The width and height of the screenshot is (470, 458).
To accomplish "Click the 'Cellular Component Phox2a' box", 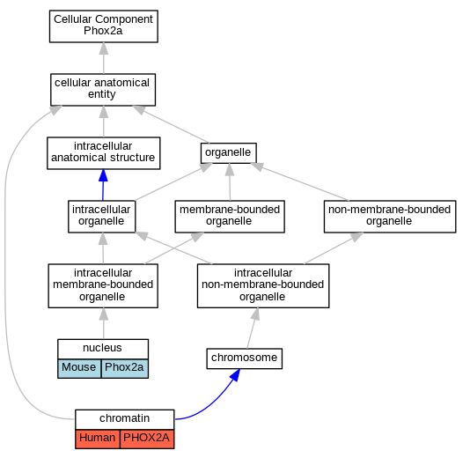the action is (104, 26).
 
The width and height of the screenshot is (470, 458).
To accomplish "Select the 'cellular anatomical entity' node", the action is (103, 90).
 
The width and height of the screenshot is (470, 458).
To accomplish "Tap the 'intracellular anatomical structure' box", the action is (104, 153).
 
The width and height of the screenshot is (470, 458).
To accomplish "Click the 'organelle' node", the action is (229, 153).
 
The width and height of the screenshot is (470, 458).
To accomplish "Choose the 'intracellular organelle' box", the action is (101, 217).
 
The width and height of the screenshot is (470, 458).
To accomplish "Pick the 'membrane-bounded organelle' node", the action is (230, 217).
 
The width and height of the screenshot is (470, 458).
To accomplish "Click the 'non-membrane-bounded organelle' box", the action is (390, 217).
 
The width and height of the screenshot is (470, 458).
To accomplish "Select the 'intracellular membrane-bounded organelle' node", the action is (103, 286).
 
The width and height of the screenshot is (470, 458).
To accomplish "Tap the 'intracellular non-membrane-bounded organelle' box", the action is (263, 286).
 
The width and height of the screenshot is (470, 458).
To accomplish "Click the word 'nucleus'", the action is (102, 348).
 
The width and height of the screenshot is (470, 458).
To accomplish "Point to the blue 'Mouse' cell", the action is (79, 368).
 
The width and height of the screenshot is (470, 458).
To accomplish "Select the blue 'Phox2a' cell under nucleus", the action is (125, 368).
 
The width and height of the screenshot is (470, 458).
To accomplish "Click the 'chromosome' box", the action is (245, 358).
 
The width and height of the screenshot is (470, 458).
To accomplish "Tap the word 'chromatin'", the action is (124, 418).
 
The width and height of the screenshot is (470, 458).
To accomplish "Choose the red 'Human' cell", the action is (98, 440).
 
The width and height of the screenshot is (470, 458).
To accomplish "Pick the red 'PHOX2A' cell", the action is (147, 440).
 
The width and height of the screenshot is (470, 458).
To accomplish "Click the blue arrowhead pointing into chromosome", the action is (236, 375).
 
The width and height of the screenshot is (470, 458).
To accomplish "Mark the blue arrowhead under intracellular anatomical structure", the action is (103, 175).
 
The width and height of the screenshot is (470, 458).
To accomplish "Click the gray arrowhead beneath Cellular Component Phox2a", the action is (104, 48).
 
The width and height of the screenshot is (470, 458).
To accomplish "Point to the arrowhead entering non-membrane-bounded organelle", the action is (356, 237).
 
